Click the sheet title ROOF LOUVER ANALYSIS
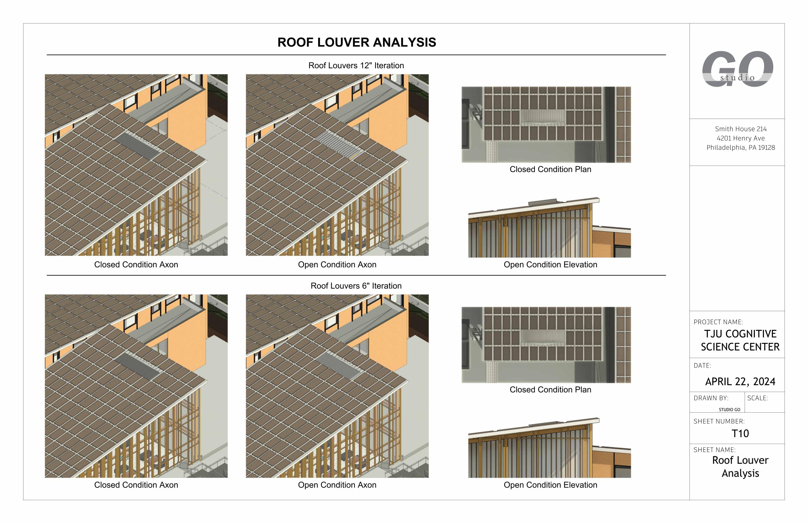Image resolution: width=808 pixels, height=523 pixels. (356, 42)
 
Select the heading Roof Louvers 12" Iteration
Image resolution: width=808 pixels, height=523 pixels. (356, 66)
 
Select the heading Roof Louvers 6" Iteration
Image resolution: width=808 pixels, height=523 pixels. (356, 286)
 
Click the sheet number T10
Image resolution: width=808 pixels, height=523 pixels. (740, 433)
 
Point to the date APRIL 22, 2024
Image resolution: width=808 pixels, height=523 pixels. (740, 382)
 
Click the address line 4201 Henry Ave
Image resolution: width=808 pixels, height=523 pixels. (741, 138)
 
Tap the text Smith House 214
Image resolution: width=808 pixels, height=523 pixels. (741, 129)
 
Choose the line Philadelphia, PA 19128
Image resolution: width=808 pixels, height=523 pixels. (741, 148)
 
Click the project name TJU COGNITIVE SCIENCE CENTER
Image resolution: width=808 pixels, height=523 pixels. (740, 340)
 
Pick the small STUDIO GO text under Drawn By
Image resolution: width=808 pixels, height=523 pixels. (729, 409)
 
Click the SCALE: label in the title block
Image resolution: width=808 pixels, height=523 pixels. (757, 398)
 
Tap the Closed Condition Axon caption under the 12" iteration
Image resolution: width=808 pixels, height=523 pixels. (136, 265)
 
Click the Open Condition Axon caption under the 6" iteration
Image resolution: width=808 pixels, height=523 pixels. (337, 485)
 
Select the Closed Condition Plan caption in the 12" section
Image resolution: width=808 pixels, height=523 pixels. (550, 169)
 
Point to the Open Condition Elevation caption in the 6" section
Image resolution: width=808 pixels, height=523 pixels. (550, 485)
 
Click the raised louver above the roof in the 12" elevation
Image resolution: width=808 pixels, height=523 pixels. (542, 203)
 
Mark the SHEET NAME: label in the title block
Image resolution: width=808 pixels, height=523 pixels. (715, 450)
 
